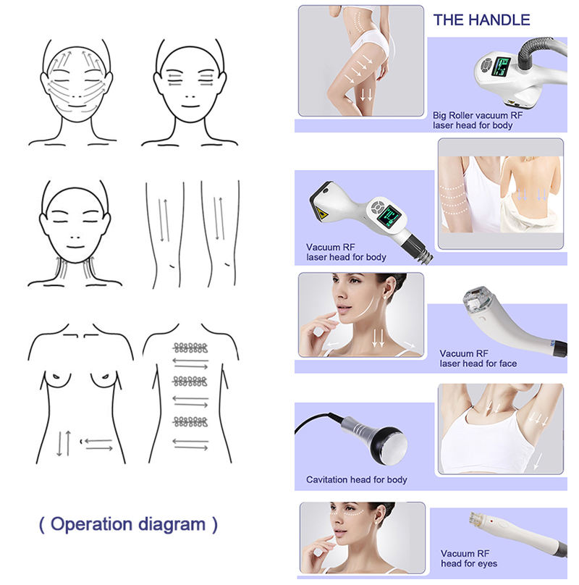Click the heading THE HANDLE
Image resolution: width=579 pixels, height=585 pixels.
click(481, 20)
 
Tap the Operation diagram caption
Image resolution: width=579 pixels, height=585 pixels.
click(128, 524)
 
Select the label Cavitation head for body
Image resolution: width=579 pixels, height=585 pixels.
click(356, 479)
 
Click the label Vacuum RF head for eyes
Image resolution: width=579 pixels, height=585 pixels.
click(469, 558)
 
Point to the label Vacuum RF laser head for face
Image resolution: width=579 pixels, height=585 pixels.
click(478, 358)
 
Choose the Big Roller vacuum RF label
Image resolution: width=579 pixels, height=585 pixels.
click(478, 115)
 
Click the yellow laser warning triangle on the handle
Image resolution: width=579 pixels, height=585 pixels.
click(321, 214)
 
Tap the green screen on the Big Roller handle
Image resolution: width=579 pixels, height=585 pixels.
click(501, 67)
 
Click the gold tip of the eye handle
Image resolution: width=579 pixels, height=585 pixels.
click(474, 518)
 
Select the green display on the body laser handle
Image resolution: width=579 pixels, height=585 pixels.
click(389, 216)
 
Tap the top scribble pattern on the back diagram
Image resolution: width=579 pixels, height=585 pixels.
click(190, 348)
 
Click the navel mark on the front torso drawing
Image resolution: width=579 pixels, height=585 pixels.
click(81, 442)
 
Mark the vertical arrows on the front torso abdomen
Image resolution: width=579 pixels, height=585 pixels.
click(64, 443)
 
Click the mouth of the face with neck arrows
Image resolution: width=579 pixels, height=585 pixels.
click(75, 247)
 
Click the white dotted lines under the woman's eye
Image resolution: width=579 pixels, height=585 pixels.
click(347, 513)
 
